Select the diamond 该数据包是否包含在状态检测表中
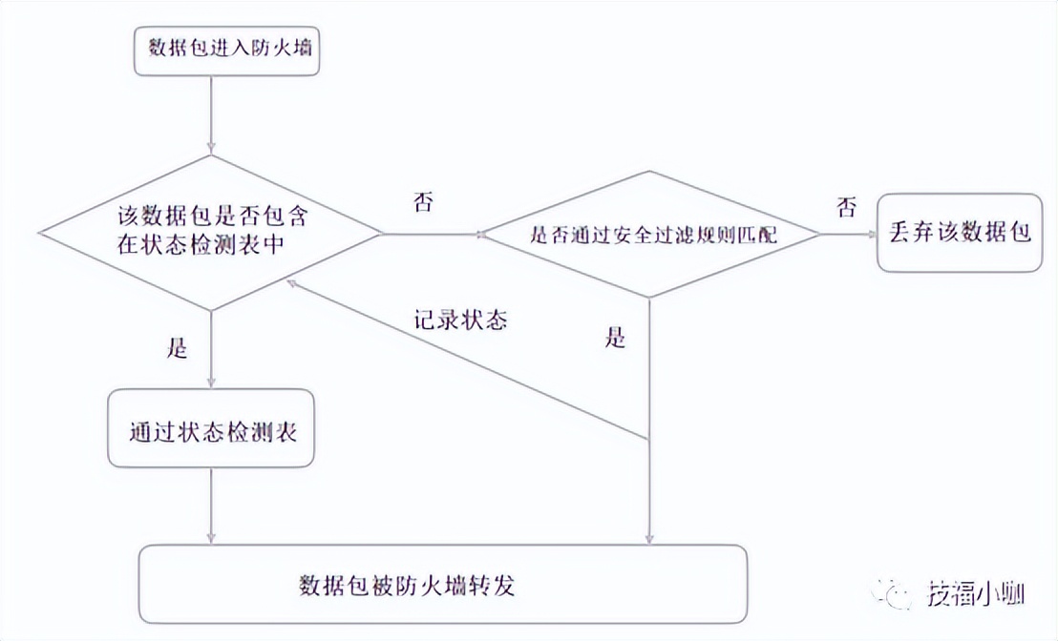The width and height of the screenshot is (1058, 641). click(210, 233)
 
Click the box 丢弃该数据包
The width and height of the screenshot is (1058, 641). click(961, 232)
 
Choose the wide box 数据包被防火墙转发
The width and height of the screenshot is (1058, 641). click(442, 583)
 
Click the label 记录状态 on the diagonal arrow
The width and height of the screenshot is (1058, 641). click(460, 320)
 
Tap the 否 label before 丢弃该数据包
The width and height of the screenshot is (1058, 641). click(846, 206)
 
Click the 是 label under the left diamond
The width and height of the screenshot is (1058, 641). click(178, 348)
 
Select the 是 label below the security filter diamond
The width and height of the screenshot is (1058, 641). click(616, 338)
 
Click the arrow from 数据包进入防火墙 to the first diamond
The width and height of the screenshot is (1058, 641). click(210, 114)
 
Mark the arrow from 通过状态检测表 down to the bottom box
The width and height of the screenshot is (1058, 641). click(211, 506)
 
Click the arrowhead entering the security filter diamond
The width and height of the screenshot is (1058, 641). click(480, 234)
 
